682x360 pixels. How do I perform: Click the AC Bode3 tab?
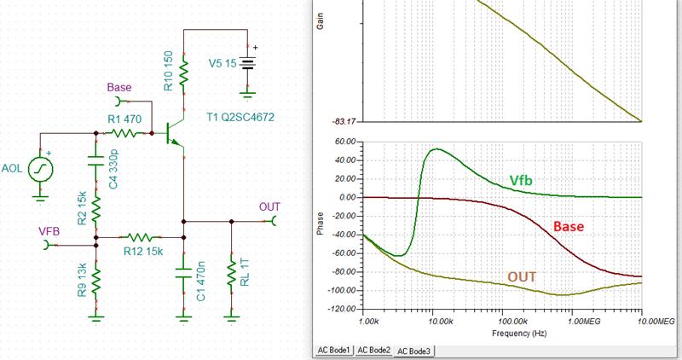pyautogui.click(x=413, y=351)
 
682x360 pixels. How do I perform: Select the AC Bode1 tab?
pyautogui.click(x=333, y=351)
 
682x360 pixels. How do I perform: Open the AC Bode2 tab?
pyautogui.click(x=373, y=351)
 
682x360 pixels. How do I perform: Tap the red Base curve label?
pyautogui.click(x=569, y=227)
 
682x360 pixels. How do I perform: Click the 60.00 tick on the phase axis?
pyautogui.click(x=344, y=142)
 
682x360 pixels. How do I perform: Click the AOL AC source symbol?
pyautogui.click(x=39, y=170)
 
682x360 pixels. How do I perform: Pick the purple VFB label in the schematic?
pyautogui.click(x=49, y=230)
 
